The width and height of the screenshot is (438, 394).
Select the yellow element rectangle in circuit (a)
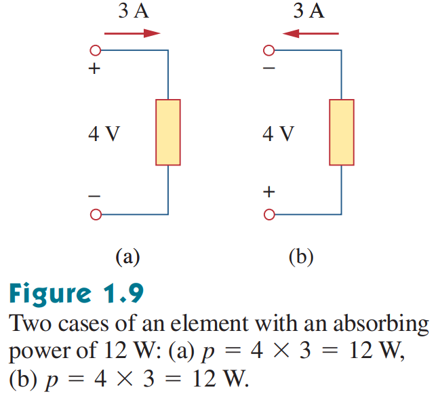tap(168, 132)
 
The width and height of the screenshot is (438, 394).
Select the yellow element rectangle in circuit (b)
tap(342, 132)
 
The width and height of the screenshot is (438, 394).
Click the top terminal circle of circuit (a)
tap(96, 50)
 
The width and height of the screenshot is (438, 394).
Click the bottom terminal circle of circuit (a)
tap(96, 215)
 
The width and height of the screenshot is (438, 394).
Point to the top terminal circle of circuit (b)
tap(269, 50)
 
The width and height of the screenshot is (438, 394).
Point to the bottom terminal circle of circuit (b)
tap(269, 215)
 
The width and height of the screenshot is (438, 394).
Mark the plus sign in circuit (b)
tap(269, 192)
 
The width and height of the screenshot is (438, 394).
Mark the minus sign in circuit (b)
tap(269, 69)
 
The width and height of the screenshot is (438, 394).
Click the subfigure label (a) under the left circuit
tap(127, 257)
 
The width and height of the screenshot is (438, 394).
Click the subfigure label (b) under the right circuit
tap(302, 257)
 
